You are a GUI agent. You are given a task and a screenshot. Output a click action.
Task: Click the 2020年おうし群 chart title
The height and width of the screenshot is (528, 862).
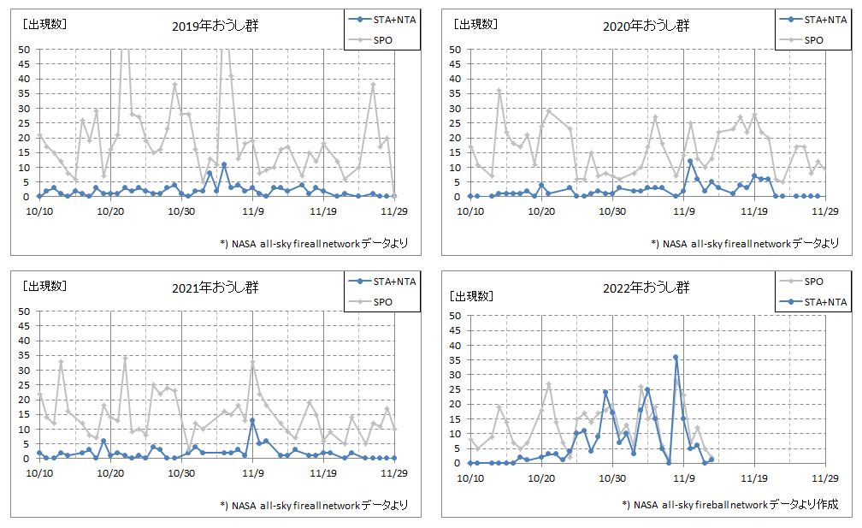tap(646, 26)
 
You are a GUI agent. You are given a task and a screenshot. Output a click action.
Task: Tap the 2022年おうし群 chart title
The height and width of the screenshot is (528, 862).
tap(646, 288)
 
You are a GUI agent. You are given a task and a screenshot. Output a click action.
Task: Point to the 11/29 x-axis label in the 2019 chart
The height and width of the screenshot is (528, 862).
tap(393, 211)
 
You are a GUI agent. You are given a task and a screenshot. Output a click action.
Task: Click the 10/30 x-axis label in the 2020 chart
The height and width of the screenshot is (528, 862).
tap(611, 211)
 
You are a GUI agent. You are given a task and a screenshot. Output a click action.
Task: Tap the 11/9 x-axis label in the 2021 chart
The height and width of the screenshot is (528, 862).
tap(252, 472)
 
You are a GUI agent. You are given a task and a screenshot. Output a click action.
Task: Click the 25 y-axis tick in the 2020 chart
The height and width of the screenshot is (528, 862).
tap(455, 123)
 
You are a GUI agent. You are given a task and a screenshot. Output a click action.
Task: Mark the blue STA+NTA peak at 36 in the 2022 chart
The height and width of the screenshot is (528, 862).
tap(676, 357)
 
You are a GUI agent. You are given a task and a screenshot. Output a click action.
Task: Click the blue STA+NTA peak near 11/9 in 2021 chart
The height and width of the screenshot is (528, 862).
tap(252, 420)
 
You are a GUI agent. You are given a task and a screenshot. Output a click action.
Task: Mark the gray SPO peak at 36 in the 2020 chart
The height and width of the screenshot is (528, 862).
tap(499, 91)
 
